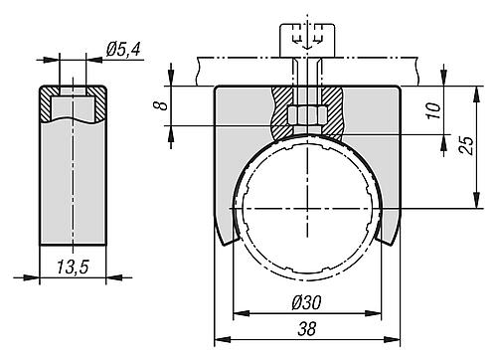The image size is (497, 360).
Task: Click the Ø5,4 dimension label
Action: pos(123,50)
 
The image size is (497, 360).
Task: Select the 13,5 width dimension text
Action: pos(73,267)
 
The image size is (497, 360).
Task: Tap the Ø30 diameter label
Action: pos(306,302)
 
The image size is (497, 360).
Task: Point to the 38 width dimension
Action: pos(307,329)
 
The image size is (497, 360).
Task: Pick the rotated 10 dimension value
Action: pos(434,110)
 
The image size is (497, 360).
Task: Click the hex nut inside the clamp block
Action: pos(307,115)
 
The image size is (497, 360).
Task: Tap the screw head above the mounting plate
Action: pos(307,40)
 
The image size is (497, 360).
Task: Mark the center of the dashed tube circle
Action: pos(308,208)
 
